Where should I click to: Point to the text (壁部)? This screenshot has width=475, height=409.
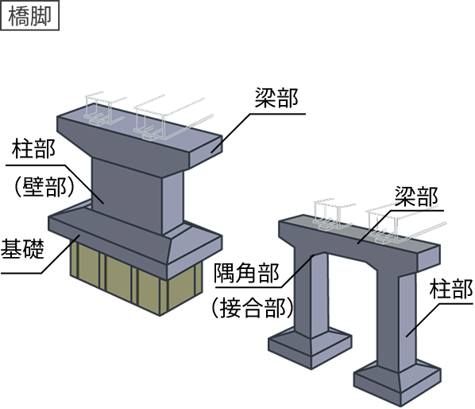(x=44, y=187)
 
